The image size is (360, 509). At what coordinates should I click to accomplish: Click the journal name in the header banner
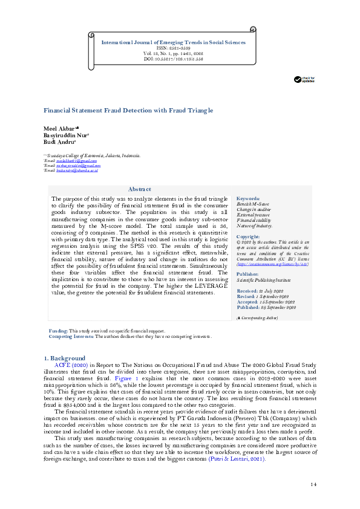[x=173, y=42]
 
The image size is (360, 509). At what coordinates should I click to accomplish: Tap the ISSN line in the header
[x=173, y=48]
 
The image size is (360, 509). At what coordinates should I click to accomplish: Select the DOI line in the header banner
[x=173, y=59]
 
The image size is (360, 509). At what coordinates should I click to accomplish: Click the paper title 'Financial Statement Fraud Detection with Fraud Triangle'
[x=128, y=111]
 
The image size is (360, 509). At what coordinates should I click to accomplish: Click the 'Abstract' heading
[x=140, y=190]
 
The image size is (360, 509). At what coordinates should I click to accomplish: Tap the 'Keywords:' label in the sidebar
[x=248, y=198]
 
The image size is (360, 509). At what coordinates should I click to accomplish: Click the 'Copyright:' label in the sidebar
[x=248, y=236]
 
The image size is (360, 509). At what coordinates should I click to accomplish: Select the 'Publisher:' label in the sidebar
[x=248, y=273]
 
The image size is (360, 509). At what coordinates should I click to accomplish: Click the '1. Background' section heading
[x=68, y=358]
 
